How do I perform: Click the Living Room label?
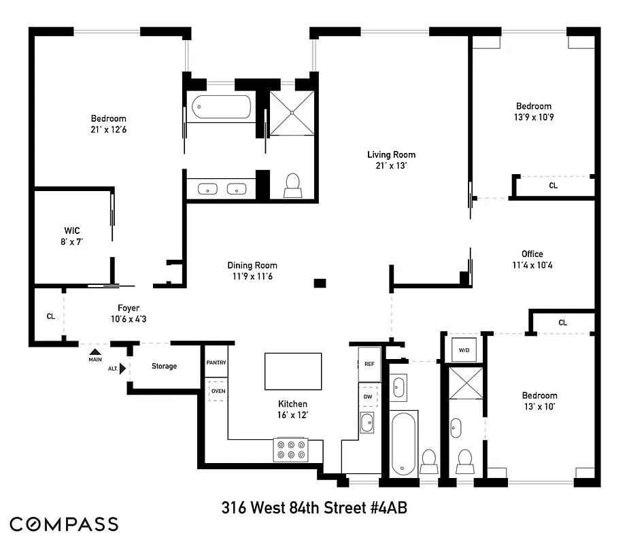(391, 160)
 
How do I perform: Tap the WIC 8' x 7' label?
(72, 236)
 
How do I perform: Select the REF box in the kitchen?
(369, 364)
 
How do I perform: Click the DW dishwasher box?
(368, 396)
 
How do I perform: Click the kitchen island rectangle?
(293, 371)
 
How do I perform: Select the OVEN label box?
(218, 392)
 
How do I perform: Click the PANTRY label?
(216, 363)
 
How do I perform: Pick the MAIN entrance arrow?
(95, 352)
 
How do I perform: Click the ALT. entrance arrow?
(122, 369)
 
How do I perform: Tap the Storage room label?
(164, 367)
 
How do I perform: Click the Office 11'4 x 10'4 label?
(532, 260)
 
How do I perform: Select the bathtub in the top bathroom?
(221, 107)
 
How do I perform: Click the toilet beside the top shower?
(293, 184)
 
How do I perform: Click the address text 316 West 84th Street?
(314, 508)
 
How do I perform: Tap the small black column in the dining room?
(320, 283)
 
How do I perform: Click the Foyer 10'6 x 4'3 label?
(128, 313)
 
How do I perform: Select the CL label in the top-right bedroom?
(553, 186)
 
